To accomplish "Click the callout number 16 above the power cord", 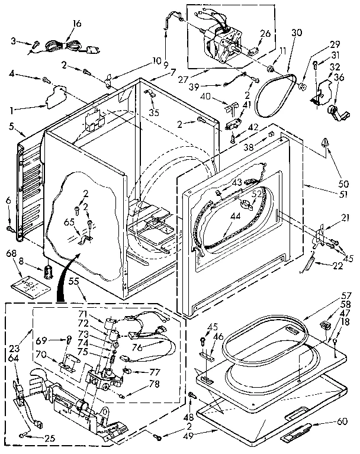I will click(x=77, y=24).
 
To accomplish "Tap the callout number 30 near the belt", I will click(x=297, y=33).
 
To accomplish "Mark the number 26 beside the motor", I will click(x=264, y=34).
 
